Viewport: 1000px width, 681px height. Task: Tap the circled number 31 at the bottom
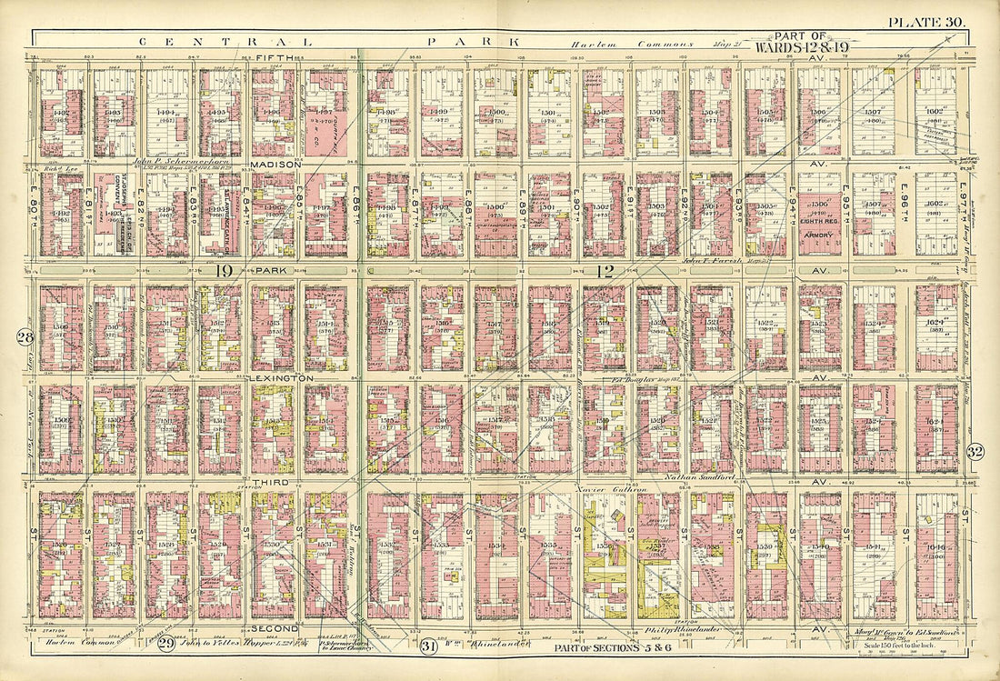(x=429, y=646)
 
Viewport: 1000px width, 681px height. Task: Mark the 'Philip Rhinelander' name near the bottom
(x=680, y=629)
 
